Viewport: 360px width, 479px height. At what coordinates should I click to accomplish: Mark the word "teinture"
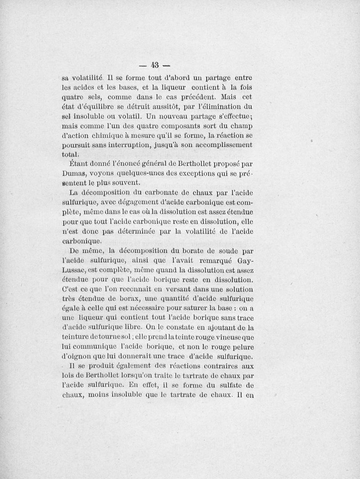tap(76, 337)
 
